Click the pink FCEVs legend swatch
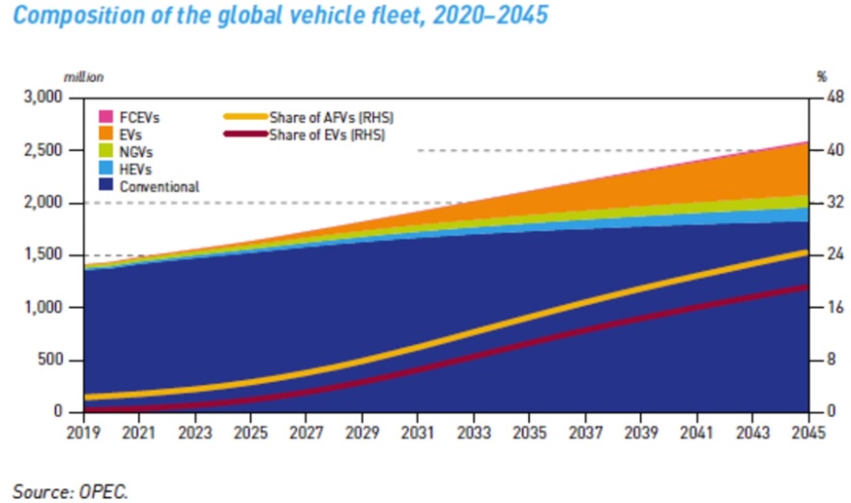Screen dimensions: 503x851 pyautogui.click(x=104, y=117)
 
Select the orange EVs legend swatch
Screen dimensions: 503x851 pyautogui.click(x=104, y=134)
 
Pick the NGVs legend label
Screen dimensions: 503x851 pyautogui.click(x=136, y=152)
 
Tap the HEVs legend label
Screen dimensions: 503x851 pyautogui.click(x=136, y=169)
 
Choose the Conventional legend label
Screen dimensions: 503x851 pyautogui.click(x=160, y=187)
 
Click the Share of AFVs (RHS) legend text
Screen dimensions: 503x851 pyautogui.click(x=333, y=117)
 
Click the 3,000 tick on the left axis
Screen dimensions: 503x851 pyautogui.click(x=43, y=99)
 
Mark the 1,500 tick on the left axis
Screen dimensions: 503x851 pyautogui.click(x=43, y=255)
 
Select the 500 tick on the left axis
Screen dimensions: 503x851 pyautogui.click(x=48, y=361)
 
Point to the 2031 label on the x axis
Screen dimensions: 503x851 pyautogui.click(x=417, y=432)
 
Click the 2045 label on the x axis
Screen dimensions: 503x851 pyautogui.click(x=805, y=432)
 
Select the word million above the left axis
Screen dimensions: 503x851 pyautogui.click(x=83, y=76)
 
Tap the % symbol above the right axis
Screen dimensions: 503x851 pyautogui.click(x=822, y=76)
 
